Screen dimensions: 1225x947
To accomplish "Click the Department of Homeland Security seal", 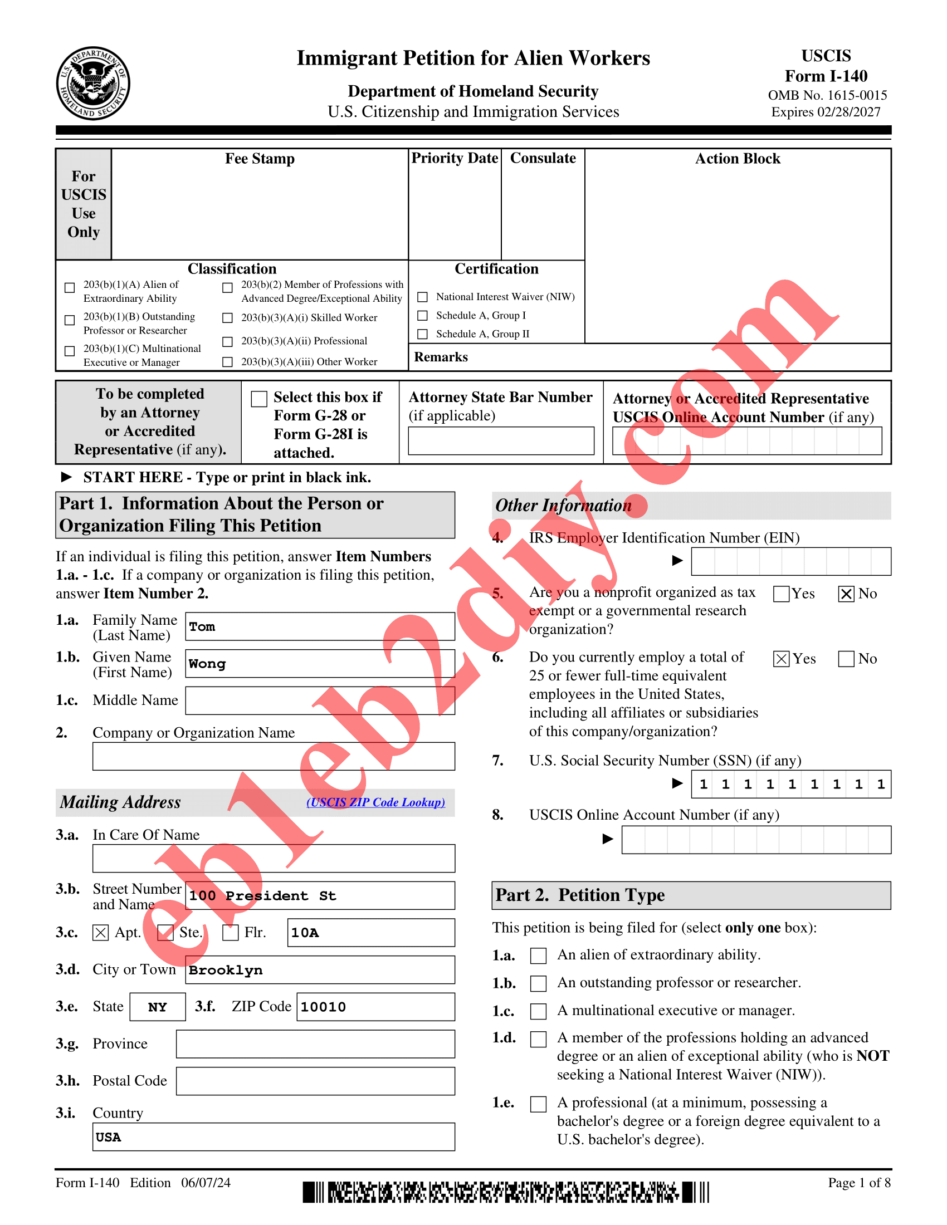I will click(93, 84).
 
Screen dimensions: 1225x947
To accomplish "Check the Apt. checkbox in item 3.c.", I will click(100, 932).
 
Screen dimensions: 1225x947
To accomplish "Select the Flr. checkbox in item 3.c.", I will click(231, 932).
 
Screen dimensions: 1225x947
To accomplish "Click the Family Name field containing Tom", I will click(320, 626).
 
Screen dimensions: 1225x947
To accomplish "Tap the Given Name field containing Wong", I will click(320, 664).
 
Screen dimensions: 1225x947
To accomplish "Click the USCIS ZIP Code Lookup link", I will click(375, 802).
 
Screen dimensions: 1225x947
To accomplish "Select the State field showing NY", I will click(158, 1007).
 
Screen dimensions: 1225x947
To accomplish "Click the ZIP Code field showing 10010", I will click(375, 1007).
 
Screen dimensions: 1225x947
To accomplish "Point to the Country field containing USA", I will click(273, 1137).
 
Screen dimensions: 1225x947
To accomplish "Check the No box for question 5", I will click(846, 594).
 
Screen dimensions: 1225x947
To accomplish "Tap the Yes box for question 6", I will click(781, 659).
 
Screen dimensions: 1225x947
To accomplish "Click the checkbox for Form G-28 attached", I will click(259, 399).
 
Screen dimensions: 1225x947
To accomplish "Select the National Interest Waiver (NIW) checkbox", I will click(423, 297).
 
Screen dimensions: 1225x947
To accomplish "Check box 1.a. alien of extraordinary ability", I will click(538, 955).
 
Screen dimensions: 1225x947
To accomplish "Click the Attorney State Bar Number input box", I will click(500, 441).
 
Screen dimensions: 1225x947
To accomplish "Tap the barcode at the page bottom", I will click(505, 1192).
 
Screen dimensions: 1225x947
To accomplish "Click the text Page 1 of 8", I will click(859, 1183).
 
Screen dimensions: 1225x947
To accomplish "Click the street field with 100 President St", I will click(320, 896).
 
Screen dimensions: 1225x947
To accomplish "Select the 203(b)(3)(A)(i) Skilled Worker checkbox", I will click(227, 318).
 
